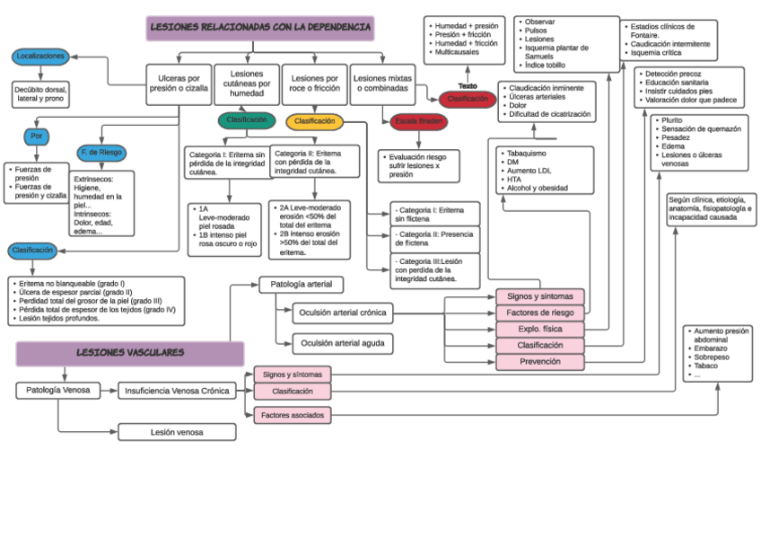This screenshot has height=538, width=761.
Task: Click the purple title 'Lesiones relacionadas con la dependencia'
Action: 260,28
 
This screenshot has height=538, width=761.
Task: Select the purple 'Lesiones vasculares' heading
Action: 130,353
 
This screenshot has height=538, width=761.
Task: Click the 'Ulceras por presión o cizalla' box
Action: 179,84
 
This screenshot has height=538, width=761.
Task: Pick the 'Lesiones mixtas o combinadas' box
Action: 382,84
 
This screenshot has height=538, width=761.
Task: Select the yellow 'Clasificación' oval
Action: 314,121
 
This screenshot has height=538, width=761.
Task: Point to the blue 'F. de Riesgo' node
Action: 100,153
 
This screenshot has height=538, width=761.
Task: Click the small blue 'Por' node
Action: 37,137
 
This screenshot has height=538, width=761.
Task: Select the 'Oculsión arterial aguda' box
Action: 343,343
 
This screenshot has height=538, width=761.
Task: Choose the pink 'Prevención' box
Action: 540,362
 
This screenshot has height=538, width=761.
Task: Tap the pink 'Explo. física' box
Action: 540,329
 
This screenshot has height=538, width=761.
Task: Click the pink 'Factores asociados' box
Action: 293,415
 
